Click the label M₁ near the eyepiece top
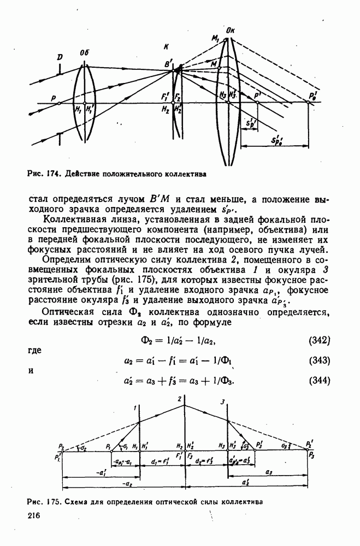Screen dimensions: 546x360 216,39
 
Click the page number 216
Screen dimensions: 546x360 34,516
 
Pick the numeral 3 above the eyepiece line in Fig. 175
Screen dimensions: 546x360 223,402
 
